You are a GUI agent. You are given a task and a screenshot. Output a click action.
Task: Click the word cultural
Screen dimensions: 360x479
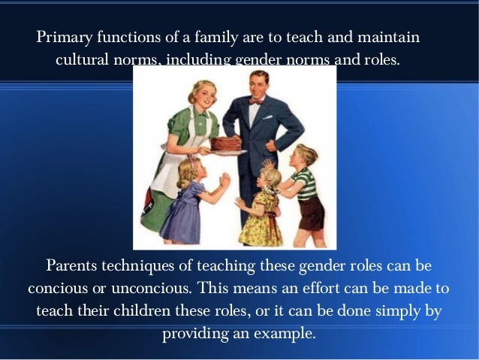(81, 59)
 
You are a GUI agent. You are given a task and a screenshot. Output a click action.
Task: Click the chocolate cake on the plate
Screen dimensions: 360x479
(225, 142)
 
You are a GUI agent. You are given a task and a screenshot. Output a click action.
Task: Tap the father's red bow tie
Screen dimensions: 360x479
(257, 99)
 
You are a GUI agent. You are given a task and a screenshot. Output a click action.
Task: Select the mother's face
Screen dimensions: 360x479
(203, 93)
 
